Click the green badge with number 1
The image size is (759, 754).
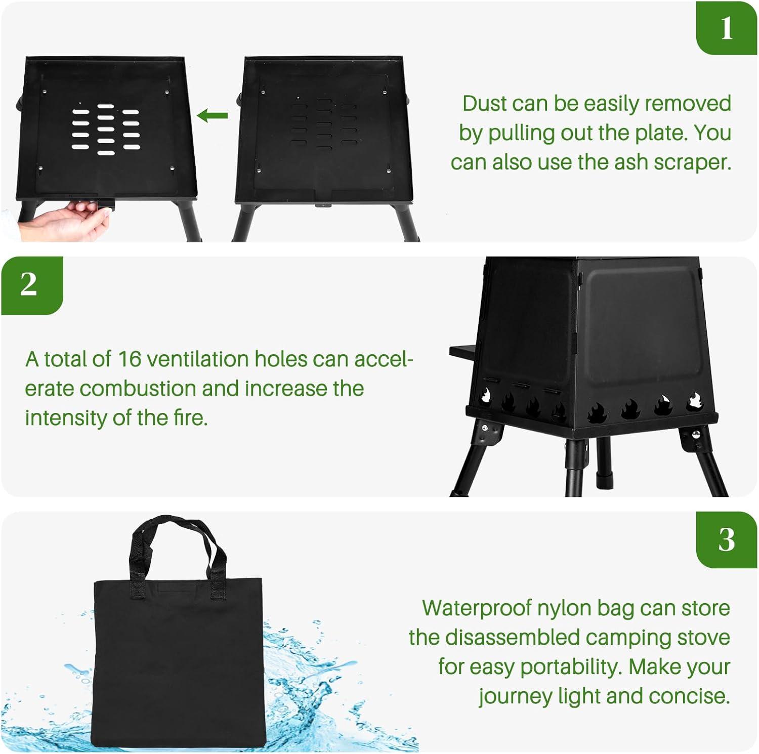(727, 28)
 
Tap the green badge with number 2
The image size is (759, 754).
(31, 285)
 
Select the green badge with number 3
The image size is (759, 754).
(727, 539)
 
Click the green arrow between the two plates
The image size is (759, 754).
(212, 116)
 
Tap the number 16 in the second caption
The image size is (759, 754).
(129, 359)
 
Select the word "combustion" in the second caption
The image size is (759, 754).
(138, 389)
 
